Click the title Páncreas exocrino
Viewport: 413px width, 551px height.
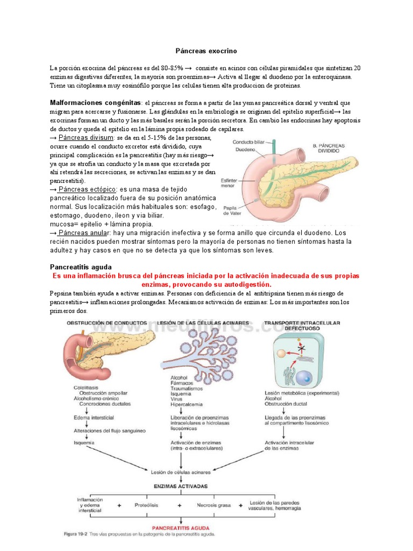coord(206,51)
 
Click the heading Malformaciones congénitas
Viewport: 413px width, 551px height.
coord(96,103)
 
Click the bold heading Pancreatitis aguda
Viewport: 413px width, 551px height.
coord(81,267)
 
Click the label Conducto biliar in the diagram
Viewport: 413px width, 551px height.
coord(249,142)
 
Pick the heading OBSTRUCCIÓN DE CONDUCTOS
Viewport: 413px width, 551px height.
coord(106,323)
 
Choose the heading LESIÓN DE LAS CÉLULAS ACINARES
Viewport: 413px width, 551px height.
coord(205,323)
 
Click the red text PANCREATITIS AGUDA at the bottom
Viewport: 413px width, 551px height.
coord(181,528)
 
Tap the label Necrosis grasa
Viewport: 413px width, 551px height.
coord(213,505)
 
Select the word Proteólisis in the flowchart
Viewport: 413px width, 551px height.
coord(147,505)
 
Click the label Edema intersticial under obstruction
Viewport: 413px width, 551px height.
coord(93,417)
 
